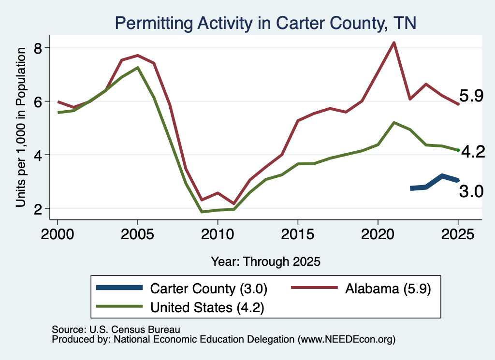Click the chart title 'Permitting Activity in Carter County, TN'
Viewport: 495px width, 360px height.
pyautogui.click(x=265, y=23)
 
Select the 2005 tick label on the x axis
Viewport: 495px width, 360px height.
pyautogui.click(x=137, y=234)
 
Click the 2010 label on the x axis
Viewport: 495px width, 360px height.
pyautogui.click(x=218, y=234)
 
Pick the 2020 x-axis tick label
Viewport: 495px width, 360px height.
pyautogui.click(x=378, y=234)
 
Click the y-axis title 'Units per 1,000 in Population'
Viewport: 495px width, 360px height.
pyautogui.click(x=21, y=127)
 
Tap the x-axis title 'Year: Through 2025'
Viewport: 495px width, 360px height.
pyautogui.click(x=265, y=261)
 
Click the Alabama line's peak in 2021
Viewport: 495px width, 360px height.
pyautogui.click(x=394, y=43)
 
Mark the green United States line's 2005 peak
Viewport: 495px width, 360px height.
pyautogui.click(x=137, y=68)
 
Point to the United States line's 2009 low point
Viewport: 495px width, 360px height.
pyautogui.click(x=202, y=212)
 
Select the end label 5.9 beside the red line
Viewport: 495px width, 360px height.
pyautogui.click(x=471, y=96)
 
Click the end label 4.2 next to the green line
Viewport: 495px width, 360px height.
pyautogui.click(x=473, y=152)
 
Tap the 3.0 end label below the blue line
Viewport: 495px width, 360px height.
pyautogui.click(x=471, y=191)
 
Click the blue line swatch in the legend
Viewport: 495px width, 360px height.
pyautogui.click(x=119, y=288)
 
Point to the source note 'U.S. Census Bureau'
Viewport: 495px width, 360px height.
pyautogui.click(x=135, y=330)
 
